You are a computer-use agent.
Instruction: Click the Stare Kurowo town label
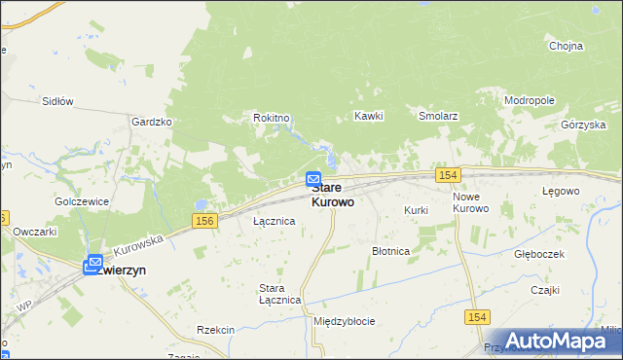coord(333,195)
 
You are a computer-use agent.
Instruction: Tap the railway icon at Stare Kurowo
coord(313,180)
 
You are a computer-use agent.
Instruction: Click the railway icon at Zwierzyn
coord(94,263)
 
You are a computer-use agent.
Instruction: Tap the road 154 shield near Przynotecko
coord(476,317)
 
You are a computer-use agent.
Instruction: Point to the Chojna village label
coord(566,46)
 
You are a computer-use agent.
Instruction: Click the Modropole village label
coord(529,100)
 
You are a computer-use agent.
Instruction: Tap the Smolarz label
coord(438,116)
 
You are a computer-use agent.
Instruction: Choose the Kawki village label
coord(369,116)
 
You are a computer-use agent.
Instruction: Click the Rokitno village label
coord(272,118)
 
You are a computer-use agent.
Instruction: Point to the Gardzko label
coord(151,122)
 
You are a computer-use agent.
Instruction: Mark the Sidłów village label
coord(57,100)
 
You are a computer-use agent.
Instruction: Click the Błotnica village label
coord(391,251)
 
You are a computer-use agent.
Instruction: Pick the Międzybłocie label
coord(344,321)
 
